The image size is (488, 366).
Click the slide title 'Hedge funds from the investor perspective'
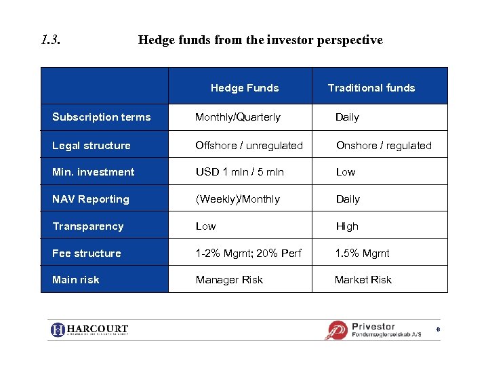[x=260, y=40]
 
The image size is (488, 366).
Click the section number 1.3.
[x=51, y=40]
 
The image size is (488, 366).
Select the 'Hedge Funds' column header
[x=245, y=87]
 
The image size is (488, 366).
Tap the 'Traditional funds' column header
[x=371, y=87]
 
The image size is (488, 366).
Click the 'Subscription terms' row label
[x=102, y=117]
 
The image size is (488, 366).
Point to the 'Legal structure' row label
[x=91, y=145]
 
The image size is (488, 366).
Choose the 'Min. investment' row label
[x=94, y=172]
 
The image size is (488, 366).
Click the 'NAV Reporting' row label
[x=91, y=199]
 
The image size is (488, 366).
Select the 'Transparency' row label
[x=88, y=226]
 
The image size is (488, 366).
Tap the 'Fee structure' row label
[x=87, y=253]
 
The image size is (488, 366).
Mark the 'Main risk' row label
[x=76, y=280]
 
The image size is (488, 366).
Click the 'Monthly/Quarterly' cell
[x=238, y=117]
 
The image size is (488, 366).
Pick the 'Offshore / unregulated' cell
[x=249, y=145]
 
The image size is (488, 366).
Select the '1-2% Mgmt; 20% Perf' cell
[x=249, y=253]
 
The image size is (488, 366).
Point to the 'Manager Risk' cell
[x=229, y=280]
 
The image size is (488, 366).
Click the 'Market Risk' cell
[x=363, y=280]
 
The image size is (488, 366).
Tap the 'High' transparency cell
[x=347, y=226]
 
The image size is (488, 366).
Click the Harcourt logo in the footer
[x=89, y=330]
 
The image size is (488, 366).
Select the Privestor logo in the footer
[x=373, y=330]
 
